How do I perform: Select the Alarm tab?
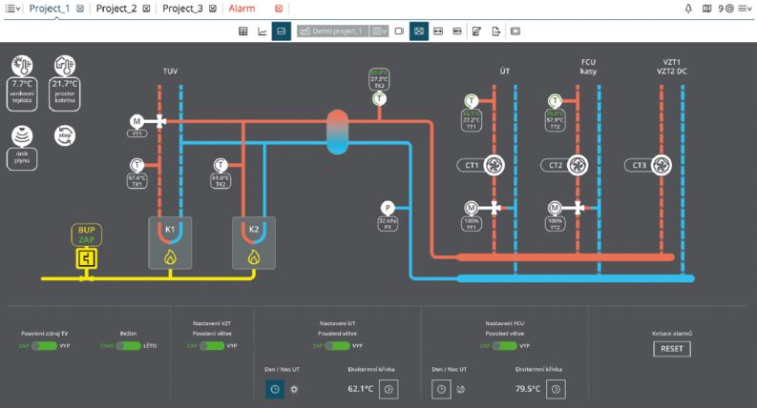click(242, 8)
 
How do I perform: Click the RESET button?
click(671, 349)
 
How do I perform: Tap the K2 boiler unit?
click(253, 242)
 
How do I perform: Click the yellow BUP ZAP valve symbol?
click(87, 258)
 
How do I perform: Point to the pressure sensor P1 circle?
click(388, 208)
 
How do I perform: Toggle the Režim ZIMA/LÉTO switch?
click(128, 346)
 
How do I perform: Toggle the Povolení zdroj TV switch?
click(45, 346)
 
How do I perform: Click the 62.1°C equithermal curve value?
click(360, 389)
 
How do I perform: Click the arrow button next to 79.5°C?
click(557, 388)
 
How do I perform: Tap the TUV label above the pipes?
click(171, 71)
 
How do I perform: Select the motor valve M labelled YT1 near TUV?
click(137, 121)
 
